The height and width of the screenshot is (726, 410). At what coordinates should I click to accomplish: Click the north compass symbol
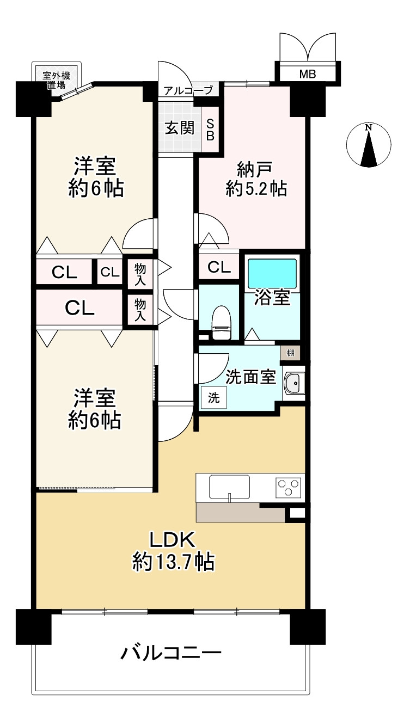(369, 145)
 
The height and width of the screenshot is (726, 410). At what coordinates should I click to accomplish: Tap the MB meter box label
(307, 74)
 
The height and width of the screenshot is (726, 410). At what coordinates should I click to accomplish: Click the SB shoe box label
(210, 130)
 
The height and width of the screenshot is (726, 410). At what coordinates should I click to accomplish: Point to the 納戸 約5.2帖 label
(256, 179)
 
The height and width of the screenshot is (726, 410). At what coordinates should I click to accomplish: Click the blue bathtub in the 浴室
(272, 273)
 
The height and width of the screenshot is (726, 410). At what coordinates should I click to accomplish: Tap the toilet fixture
(221, 323)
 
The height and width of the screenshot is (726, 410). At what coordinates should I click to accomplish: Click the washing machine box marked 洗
(213, 398)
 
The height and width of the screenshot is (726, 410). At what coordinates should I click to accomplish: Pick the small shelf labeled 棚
(290, 353)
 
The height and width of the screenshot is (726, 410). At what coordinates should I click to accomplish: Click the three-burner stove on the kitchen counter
(288, 488)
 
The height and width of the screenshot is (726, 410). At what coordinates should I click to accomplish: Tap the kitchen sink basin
(229, 487)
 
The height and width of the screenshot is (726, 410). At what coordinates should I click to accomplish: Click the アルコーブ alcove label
(188, 90)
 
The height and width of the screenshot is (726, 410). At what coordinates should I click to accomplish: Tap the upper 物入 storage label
(140, 274)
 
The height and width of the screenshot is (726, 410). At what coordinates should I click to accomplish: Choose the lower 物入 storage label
(140, 310)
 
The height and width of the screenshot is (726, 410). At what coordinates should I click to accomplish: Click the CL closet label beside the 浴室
(219, 267)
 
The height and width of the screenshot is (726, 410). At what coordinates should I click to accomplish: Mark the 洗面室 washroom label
(250, 377)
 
